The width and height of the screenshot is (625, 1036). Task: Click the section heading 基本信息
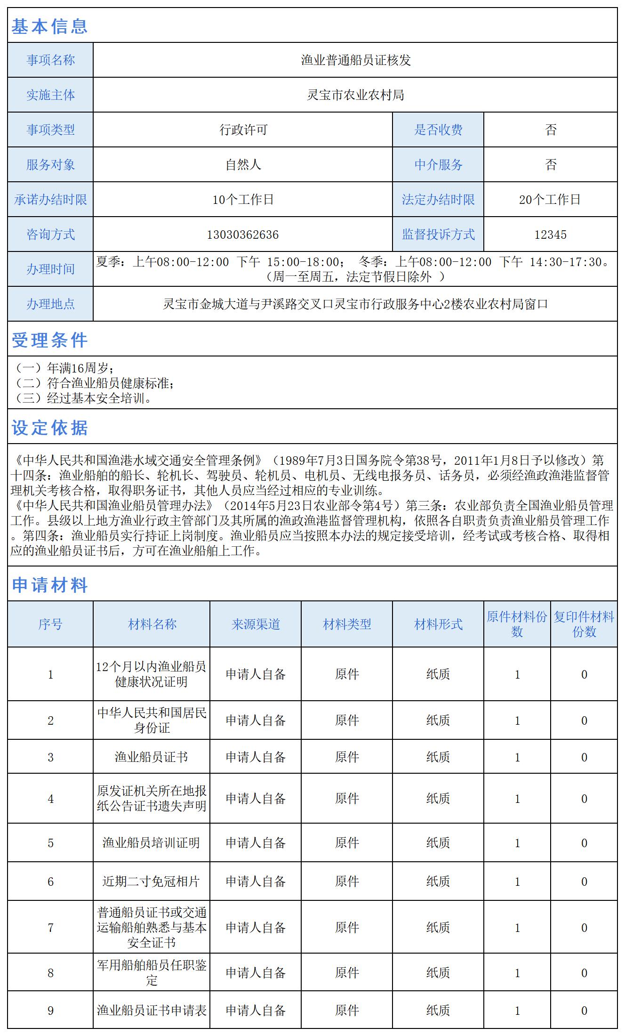49,26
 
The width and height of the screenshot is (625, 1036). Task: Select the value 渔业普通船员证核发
355,60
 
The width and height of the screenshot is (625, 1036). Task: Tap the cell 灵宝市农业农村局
355,95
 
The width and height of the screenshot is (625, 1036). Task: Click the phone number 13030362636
243,235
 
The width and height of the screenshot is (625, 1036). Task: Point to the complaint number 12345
550,235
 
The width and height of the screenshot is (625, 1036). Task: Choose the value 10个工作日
243,200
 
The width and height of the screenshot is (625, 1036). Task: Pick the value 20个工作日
550,200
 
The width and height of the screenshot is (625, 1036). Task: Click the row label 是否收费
438,130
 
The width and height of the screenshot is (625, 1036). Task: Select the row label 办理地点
50,304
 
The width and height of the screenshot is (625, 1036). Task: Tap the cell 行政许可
243,130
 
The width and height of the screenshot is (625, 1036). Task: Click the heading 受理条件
49,340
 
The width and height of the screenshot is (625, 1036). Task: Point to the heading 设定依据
49,428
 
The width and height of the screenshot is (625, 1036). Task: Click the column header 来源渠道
256,624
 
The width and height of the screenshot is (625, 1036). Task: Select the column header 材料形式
438,624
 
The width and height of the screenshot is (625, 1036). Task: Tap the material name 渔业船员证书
152,757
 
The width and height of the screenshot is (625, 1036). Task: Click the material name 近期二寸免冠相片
152,882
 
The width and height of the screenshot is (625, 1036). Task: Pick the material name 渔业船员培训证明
152,843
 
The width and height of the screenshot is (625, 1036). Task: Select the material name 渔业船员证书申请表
152,1011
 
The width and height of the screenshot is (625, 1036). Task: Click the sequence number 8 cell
50,973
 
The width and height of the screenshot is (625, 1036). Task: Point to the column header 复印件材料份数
584,624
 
